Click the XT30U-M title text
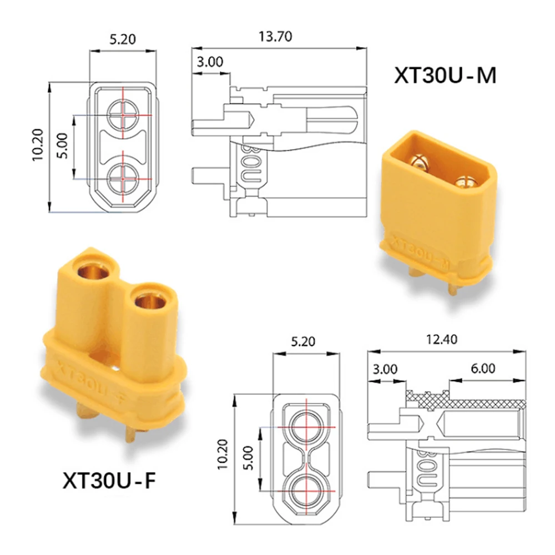(445, 75)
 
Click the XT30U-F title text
(109, 480)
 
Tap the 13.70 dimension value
(275, 37)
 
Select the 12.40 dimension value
(441, 340)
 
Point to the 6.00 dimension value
(483, 369)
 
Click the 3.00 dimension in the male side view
(210, 62)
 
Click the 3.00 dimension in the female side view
(385, 369)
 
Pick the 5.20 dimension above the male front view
(123, 39)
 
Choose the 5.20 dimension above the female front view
(303, 341)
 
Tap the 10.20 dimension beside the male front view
(38, 145)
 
